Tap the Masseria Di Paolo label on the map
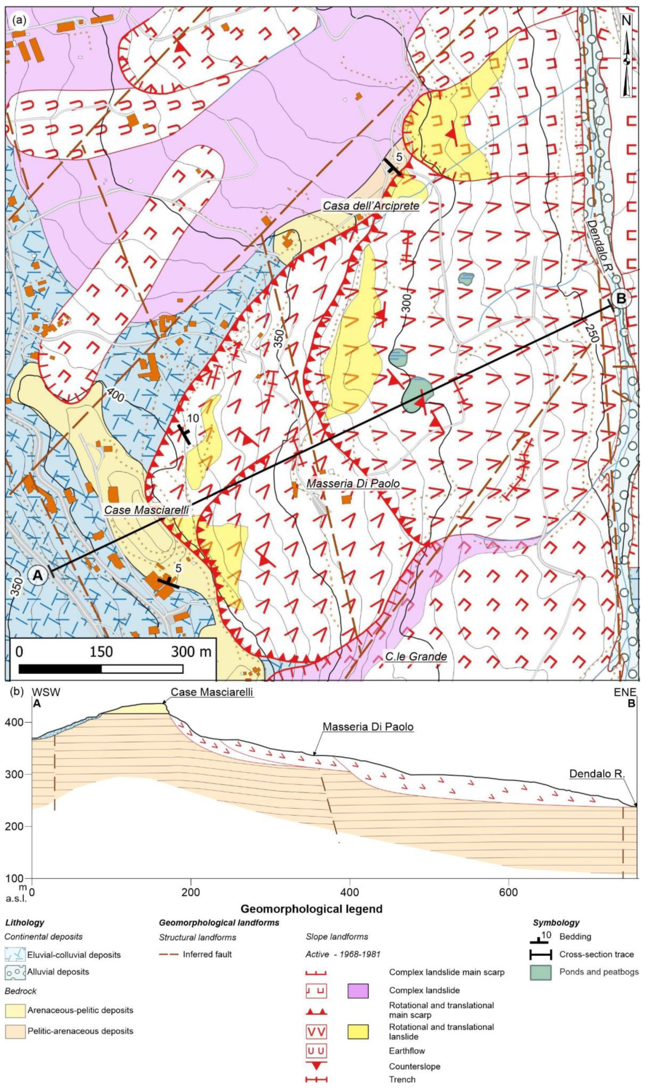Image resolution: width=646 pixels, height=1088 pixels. click(353, 483)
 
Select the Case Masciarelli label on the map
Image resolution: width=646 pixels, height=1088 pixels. click(146, 510)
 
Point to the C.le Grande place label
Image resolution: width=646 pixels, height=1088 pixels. click(416, 656)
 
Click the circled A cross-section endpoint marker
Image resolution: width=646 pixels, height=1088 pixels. click(37, 575)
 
